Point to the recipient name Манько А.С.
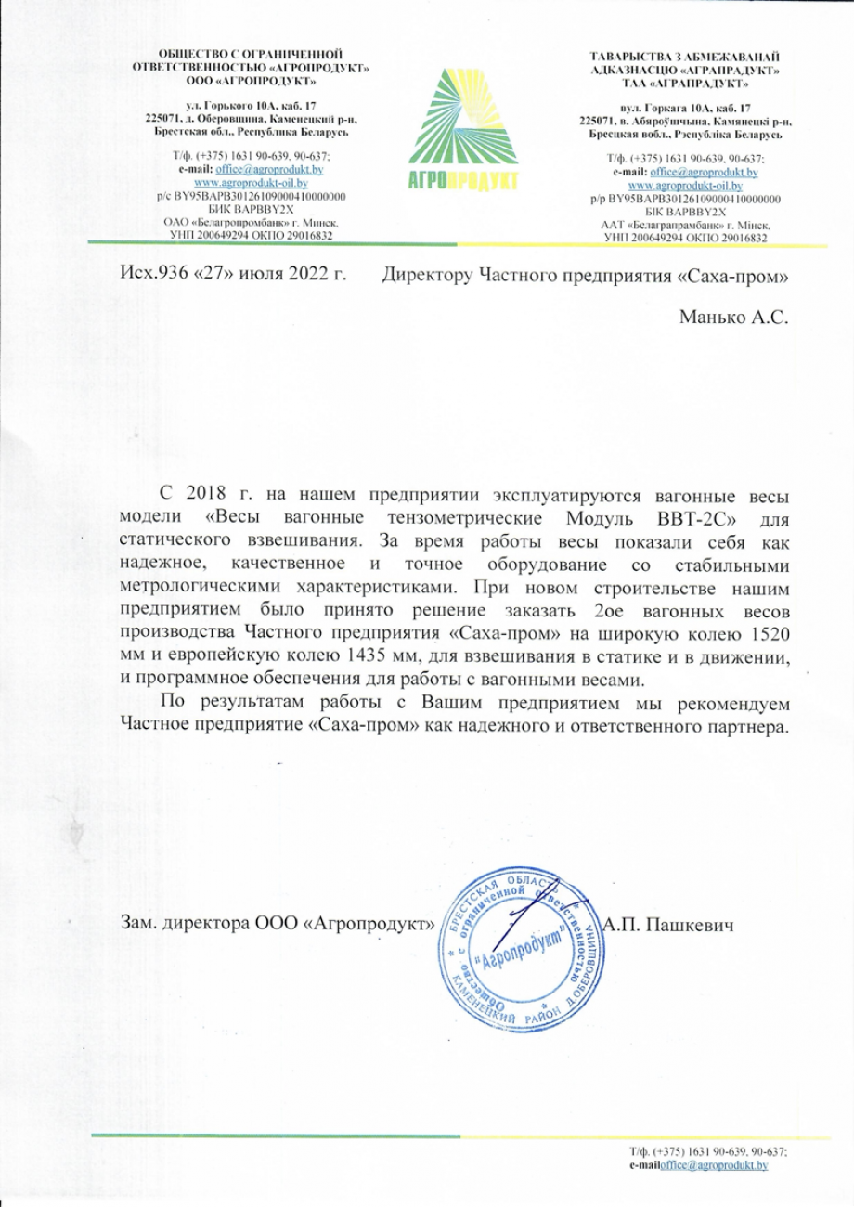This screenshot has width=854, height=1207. (733, 318)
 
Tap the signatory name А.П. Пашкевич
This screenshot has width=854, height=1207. (669, 924)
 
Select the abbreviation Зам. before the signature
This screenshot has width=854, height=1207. (139, 924)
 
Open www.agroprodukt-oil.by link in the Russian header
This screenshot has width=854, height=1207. (251, 184)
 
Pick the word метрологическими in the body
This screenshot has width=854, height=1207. (199, 586)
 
